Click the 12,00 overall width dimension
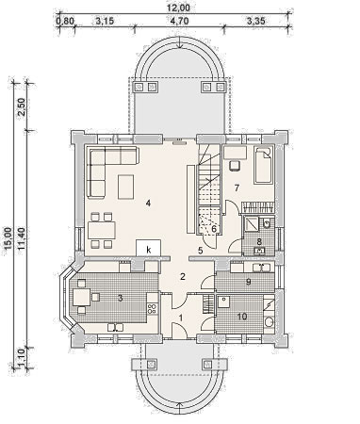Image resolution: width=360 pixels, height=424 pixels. tap(179, 8)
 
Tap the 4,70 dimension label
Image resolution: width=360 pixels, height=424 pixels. tap(179, 22)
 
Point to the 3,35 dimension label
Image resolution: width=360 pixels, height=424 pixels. tap(256, 22)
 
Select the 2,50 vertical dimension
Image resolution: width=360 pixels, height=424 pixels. tap(22, 106)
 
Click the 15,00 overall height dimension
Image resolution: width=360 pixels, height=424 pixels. tap(8, 236)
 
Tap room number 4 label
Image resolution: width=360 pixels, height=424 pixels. tap(148, 204)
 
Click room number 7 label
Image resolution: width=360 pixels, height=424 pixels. tap(237, 188)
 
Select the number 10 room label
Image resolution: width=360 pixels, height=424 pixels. tap(242, 317)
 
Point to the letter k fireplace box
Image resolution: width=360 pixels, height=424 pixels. tap(149, 248)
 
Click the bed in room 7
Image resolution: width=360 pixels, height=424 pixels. tap(264, 165)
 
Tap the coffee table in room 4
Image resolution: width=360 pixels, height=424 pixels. tap(125, 187)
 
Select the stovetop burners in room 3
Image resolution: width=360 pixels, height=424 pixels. tap(152, 308)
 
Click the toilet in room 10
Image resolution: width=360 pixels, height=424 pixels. tap(269, 322)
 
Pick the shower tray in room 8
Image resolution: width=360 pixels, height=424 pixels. tap(251, 223)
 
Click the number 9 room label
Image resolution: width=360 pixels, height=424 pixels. tap(248, 282)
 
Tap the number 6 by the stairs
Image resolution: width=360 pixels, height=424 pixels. tap(214, 228)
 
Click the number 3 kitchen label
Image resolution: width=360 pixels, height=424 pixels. tap(120, 299)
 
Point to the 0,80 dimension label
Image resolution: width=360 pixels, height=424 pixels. tap(65, 22)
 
